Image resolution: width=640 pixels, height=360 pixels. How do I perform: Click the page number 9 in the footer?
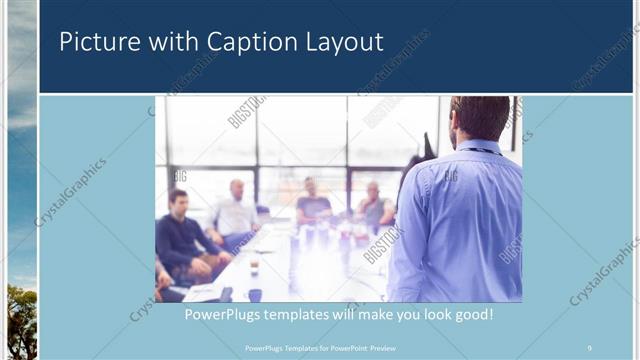(590, 347)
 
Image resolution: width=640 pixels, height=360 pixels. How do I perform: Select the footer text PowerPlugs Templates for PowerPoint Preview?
(321, 347)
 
